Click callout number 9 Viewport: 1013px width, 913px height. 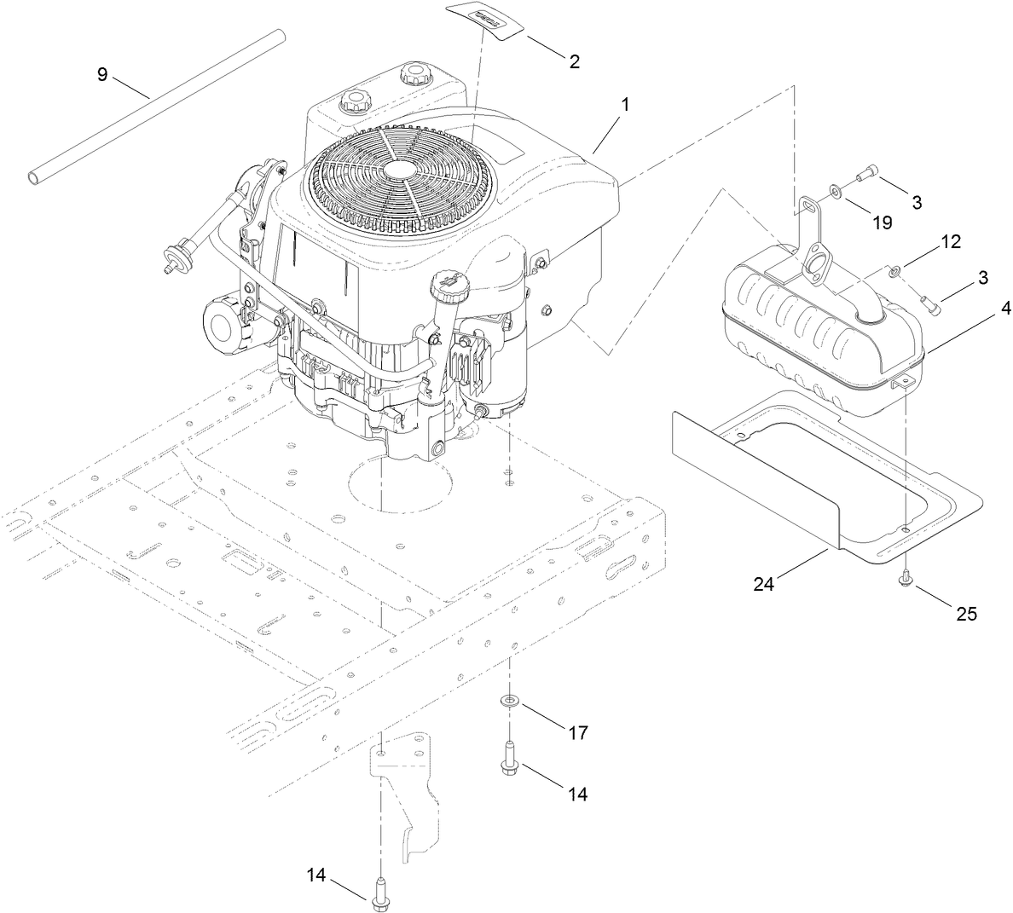coord(102,75)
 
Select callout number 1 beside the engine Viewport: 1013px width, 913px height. coord(625,105)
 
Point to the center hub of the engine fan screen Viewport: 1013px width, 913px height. coord(397,170)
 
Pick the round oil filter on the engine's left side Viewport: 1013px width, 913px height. coord(226,323)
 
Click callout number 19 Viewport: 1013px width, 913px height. coord(882,222)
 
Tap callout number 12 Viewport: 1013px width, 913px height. coord(951,241)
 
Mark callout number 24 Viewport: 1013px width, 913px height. coord(764,584)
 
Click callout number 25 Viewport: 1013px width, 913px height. coord(966,612)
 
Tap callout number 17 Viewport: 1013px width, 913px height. coord(578,732)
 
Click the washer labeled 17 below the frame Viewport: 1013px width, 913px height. coord(510,701)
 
